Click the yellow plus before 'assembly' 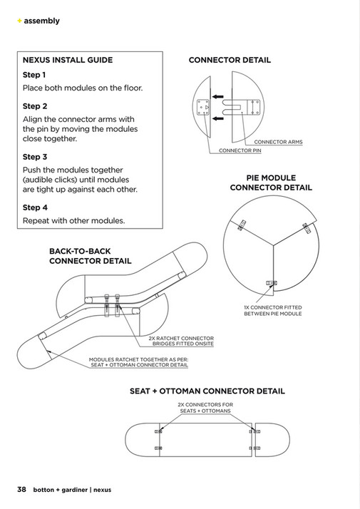19,21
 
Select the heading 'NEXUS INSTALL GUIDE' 68,60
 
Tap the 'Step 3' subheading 35,157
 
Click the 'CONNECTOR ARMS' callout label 278,142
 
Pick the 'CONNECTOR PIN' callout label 240,150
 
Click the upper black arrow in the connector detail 218,96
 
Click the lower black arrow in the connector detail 218,118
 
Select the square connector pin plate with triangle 203,107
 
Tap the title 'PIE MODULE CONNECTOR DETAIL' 271,182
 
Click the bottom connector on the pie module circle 272,283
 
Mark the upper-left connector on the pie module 242,225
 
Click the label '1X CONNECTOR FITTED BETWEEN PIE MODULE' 273,311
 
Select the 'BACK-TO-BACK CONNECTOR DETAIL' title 91,256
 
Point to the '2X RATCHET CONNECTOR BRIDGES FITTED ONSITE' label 181,341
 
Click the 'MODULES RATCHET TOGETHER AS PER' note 138,362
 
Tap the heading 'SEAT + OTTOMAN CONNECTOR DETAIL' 207,391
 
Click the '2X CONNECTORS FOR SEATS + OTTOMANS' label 205,408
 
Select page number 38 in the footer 22,490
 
